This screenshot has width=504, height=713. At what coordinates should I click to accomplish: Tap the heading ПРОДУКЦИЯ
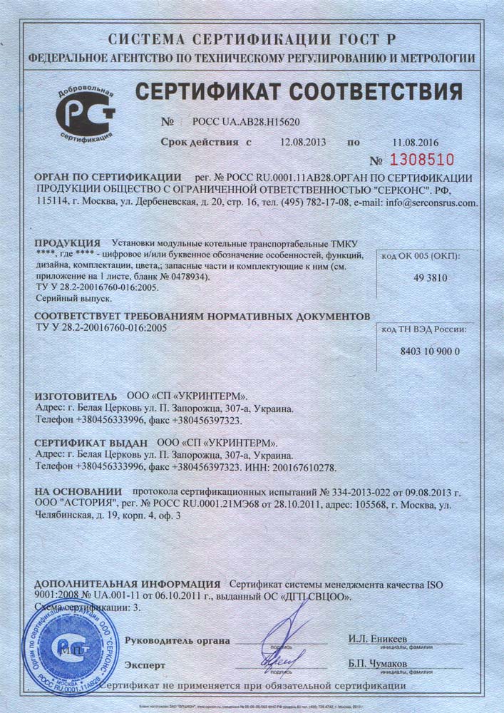[66, 242]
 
